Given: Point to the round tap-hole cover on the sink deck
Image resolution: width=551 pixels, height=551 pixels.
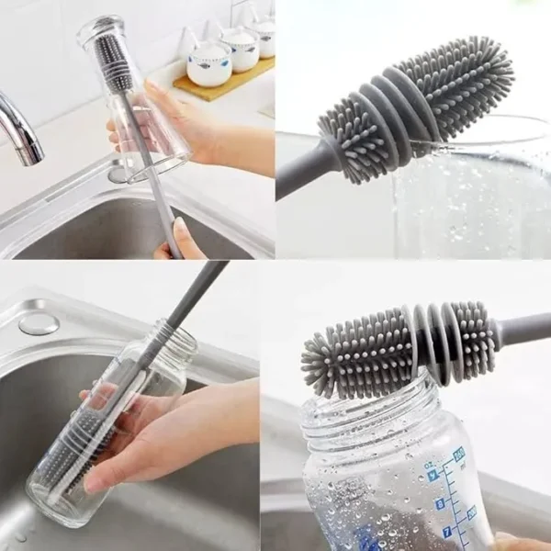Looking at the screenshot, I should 39,323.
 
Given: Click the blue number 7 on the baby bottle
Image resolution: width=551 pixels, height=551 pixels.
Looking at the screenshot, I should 447,532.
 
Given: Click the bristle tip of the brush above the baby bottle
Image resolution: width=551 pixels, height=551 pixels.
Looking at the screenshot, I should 312,354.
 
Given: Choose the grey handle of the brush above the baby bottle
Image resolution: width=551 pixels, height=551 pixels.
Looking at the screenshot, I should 523,329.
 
